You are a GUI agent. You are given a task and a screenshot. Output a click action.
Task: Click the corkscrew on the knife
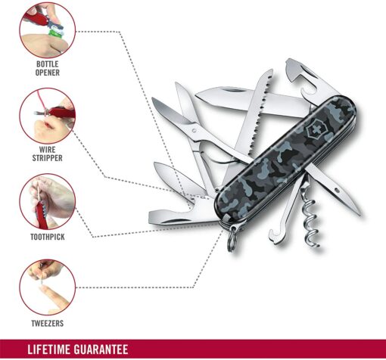pyautogui.click(x=312, y=222)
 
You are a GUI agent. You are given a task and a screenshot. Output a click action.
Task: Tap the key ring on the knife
pyautogui.click(x=232, y=240)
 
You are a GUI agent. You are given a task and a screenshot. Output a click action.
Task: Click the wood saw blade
pyautogui.click(x=255, y=119)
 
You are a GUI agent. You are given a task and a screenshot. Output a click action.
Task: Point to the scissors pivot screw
pyautogui.click(x=194, y=131)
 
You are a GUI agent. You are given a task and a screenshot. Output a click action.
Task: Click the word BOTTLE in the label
pyautogui.click(x=48, y=64)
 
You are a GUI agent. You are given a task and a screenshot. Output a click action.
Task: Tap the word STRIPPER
pyautogui.click(x=47, y=158)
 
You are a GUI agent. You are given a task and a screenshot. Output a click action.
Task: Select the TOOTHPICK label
pyautogui.click(x=48, y=237)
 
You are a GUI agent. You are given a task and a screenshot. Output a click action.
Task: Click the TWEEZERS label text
pyautogui.click(x=48, y=324)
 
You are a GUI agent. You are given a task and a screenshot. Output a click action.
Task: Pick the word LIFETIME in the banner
pyautogui.click(x=48, y=349)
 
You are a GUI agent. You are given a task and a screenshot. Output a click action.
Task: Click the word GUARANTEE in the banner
pyautogui.click(x=101, y=349)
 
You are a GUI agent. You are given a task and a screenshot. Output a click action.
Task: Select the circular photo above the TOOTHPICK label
pyautogui.click(x=48, y=202)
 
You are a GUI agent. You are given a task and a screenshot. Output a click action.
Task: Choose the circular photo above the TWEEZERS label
pyautogui.click(x=48, y=287)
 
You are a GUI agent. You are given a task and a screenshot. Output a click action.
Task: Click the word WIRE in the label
pyautogui.click(x=48, y=150)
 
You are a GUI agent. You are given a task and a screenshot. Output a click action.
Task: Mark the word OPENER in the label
pyautogui.click(x=48, y=73)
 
